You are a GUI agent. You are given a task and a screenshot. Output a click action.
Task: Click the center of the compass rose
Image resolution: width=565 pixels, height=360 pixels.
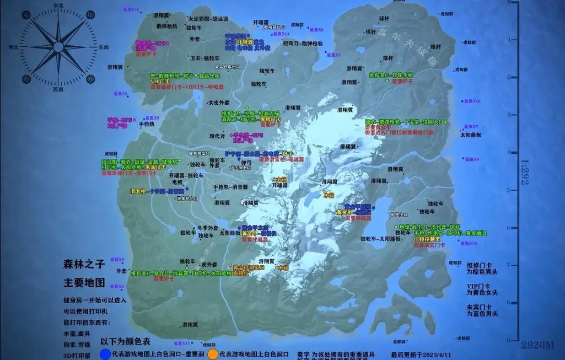click(x=58, y=46)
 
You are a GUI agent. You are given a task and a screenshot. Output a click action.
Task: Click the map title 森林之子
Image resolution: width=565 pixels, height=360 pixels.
click(x=84, y=265)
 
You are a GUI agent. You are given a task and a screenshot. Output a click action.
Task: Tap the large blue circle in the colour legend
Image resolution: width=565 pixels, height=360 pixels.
click(x=104, y=353)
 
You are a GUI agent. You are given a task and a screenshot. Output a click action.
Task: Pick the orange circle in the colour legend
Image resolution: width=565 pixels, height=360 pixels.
click(x=212, y=353)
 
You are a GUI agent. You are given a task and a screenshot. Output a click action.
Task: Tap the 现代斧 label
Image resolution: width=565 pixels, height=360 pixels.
click(x=218, y=135)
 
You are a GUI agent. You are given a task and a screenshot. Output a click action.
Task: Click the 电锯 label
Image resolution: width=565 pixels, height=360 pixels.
click(x=177, y=181)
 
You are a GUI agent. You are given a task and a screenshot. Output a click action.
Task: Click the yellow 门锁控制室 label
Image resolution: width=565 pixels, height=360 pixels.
click(x=427, y=239)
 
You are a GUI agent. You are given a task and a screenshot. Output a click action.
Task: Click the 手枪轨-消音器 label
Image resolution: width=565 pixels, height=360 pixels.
click(x=231, y=187)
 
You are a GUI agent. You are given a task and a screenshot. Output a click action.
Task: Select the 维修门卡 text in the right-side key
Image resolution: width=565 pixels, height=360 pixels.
click(x=478, y=265)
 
